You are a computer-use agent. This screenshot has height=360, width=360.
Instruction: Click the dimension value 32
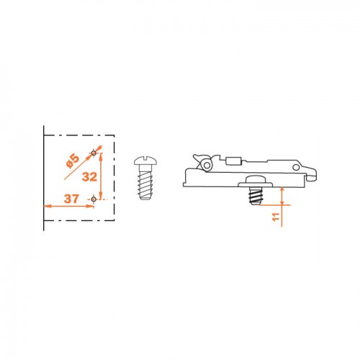point(89,177)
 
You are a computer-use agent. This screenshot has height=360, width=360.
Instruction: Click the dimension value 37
point(71,199)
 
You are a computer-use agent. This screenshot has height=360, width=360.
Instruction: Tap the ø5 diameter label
point(73,161)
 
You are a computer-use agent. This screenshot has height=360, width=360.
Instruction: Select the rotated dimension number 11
point(276,217)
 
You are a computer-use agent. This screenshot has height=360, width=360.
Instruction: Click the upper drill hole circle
point(94,153)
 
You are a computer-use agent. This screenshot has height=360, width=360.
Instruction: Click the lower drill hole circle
point(94,199)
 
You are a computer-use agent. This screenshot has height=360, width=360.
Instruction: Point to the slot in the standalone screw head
point(145,158)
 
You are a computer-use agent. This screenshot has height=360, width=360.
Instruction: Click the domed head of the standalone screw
point(145,161)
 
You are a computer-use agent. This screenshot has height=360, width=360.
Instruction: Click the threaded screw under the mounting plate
point(256,196)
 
